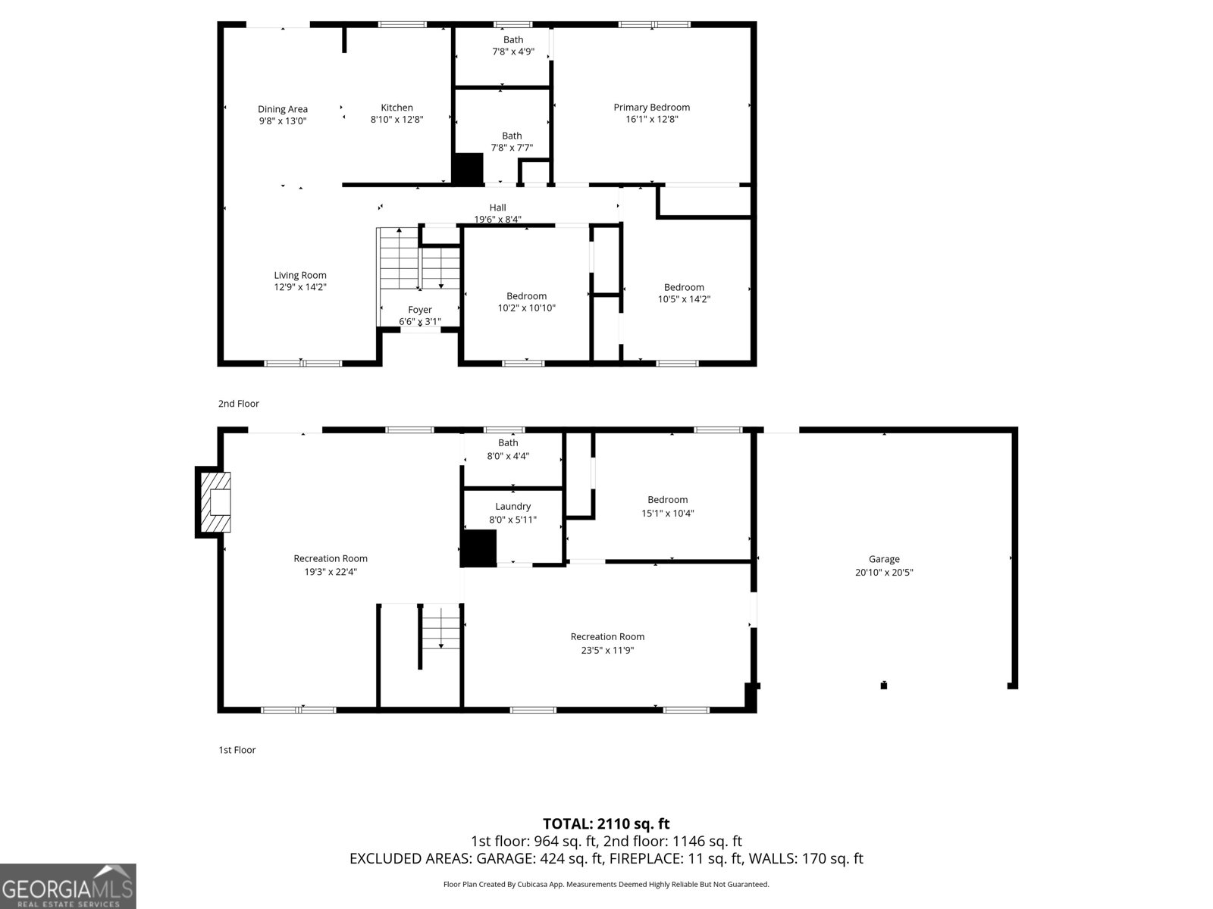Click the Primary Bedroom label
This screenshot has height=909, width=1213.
(651, 108)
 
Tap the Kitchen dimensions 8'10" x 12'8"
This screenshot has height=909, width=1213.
(396, 120)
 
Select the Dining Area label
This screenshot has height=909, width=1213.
(282, 109)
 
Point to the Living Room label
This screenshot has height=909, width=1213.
(300, 276)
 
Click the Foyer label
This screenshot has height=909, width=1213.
(420, 310)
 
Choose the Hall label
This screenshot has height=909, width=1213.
(497, 208)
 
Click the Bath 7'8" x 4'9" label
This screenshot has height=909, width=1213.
(513, 40)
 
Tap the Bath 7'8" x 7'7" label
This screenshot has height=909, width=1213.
(512, 136)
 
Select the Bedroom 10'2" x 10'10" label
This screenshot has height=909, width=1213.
(526, 296)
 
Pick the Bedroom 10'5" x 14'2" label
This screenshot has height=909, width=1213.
(684, 287)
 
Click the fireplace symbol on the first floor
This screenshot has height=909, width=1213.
(215, 501)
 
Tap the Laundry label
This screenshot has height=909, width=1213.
(512, 507)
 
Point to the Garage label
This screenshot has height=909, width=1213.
(884, 560)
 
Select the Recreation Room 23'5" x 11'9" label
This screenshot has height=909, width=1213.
(607, 637)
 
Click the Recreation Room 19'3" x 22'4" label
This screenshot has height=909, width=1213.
(331, 559)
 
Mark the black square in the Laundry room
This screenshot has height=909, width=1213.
(478, 548)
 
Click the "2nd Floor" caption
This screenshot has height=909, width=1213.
(239, 404)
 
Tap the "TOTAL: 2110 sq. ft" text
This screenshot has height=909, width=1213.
(606, 823)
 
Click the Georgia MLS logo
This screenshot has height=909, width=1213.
(67, 886)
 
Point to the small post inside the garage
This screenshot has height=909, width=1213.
(883, 686)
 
